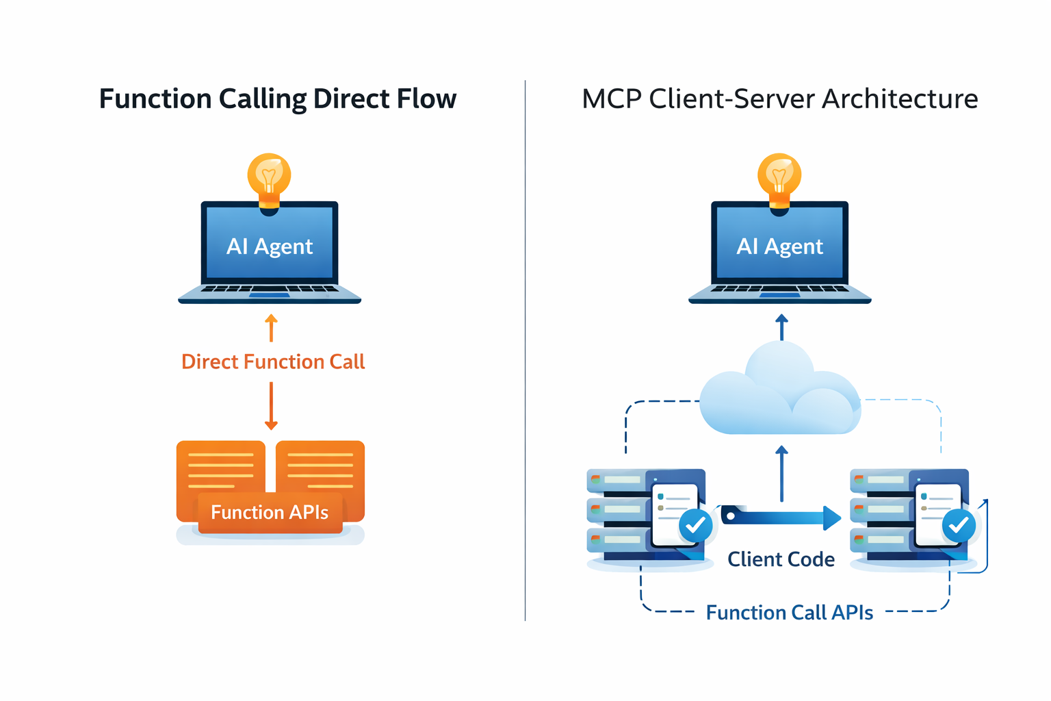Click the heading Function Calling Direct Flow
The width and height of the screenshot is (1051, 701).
point(277,99)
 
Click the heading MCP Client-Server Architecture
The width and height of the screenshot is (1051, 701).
point(779,99)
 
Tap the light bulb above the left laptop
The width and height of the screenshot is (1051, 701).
point(269,177)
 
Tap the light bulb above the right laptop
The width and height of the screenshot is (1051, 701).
point(779,177)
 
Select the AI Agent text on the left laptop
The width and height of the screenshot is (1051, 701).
point(269,246)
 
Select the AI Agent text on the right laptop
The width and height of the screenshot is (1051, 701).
point(779,246)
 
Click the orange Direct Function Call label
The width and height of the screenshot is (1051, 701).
point(273,361)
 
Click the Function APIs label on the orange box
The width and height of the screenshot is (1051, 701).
point(270,512)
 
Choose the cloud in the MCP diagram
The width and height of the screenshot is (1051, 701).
point(780,394)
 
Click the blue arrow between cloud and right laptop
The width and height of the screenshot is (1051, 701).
point(781,327)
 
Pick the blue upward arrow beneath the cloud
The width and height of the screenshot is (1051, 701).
point(781,472)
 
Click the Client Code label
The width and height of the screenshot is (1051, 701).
point(781,559)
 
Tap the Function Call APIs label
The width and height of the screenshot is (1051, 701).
point(789,612)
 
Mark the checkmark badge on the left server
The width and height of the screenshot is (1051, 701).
point(696,526)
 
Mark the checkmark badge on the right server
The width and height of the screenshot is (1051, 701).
point(959,526)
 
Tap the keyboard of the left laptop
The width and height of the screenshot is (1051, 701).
point(269,290)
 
